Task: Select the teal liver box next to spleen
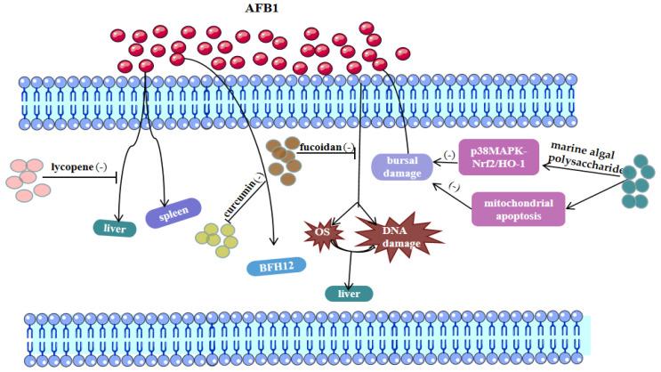point(114,229)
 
